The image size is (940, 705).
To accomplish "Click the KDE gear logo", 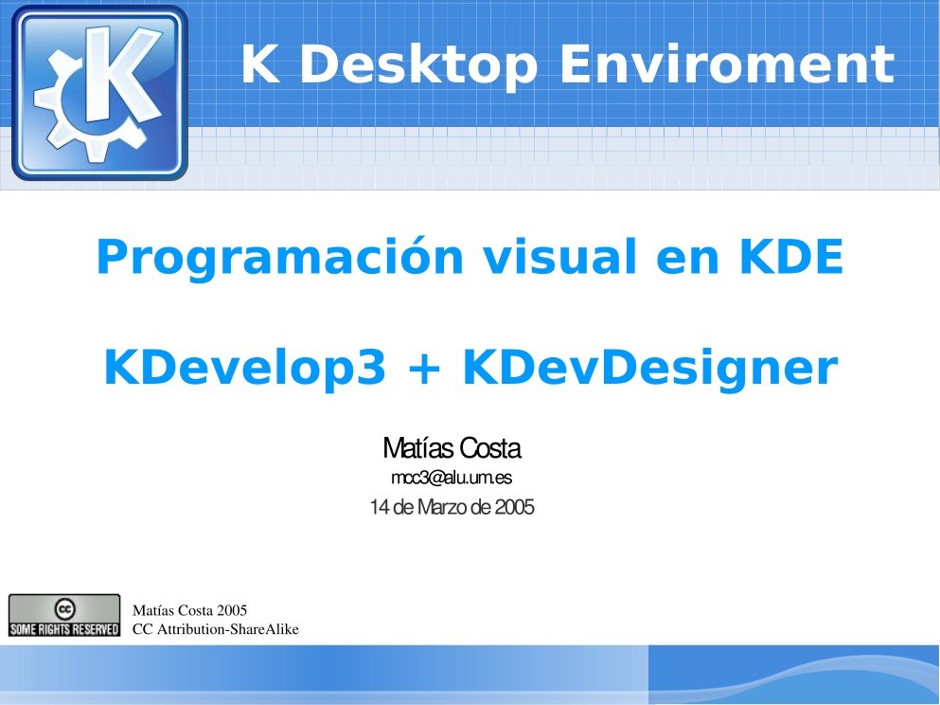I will click(x=99, y=92).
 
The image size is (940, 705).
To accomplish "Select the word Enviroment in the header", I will click(x=726, y=65).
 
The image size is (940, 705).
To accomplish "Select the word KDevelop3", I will click(x=245, y=369).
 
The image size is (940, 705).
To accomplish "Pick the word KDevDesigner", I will click(x=649, y=369).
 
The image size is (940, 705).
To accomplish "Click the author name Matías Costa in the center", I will click(x=452, y=448).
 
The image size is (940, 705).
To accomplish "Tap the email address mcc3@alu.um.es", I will click(x=452, y=478).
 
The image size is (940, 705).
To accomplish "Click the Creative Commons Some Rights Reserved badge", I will click(x=64, y=615).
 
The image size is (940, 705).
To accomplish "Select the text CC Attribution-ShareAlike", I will click(x=215, y=628).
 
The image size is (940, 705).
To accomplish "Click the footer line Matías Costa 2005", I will click(x=189, y=610).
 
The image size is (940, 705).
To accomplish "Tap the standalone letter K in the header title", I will click(x=257, y=65).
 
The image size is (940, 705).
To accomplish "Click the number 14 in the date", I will click(x=379, y=508).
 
